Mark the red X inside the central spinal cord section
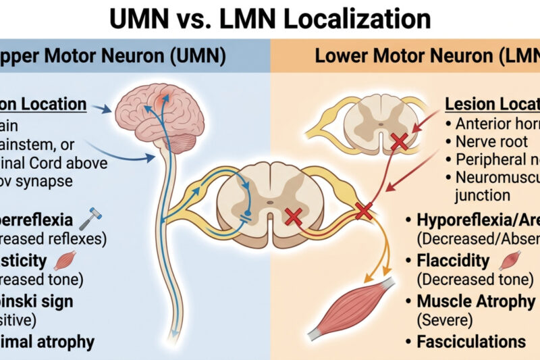click(293, 217)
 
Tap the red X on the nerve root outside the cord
click(363, 211)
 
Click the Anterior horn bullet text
click(496, 124)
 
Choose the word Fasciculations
click(470, 342)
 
